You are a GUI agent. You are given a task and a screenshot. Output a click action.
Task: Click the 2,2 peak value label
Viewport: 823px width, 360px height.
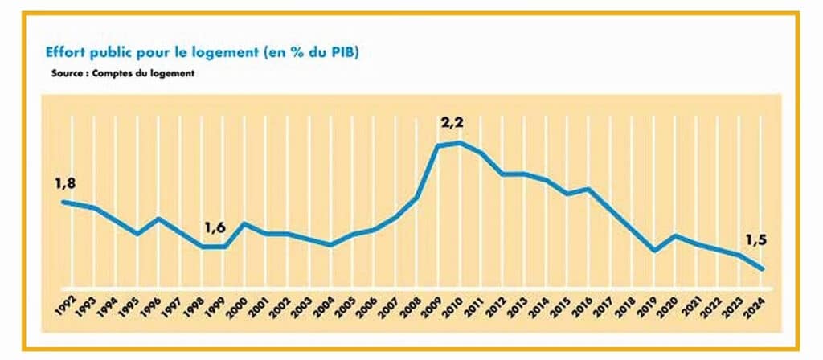click(x=454, y=124)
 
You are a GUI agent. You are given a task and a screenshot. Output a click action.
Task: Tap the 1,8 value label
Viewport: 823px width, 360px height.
click(x=65, y=185)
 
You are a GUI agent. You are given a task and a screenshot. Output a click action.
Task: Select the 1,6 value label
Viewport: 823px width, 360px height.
click(x=215, y=227)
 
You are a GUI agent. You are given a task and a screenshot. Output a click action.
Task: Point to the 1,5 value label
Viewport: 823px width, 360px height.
click(x=756, y=240)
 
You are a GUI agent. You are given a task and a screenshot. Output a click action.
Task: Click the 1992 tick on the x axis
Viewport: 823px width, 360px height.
click(x=66, y=305)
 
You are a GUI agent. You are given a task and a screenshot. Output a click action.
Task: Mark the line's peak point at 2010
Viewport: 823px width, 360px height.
click(x=461, y=142)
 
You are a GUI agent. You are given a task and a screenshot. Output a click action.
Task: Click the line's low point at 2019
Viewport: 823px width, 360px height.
click(x=654, y=251)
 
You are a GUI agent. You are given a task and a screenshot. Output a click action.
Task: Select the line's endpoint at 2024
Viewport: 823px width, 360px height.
click(x=762, y=269)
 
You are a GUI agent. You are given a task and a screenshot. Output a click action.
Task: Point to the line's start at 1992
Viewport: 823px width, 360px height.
click(x=63, y=202)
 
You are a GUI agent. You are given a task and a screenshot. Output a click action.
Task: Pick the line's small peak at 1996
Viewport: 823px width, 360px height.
click(x=158, y=219)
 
